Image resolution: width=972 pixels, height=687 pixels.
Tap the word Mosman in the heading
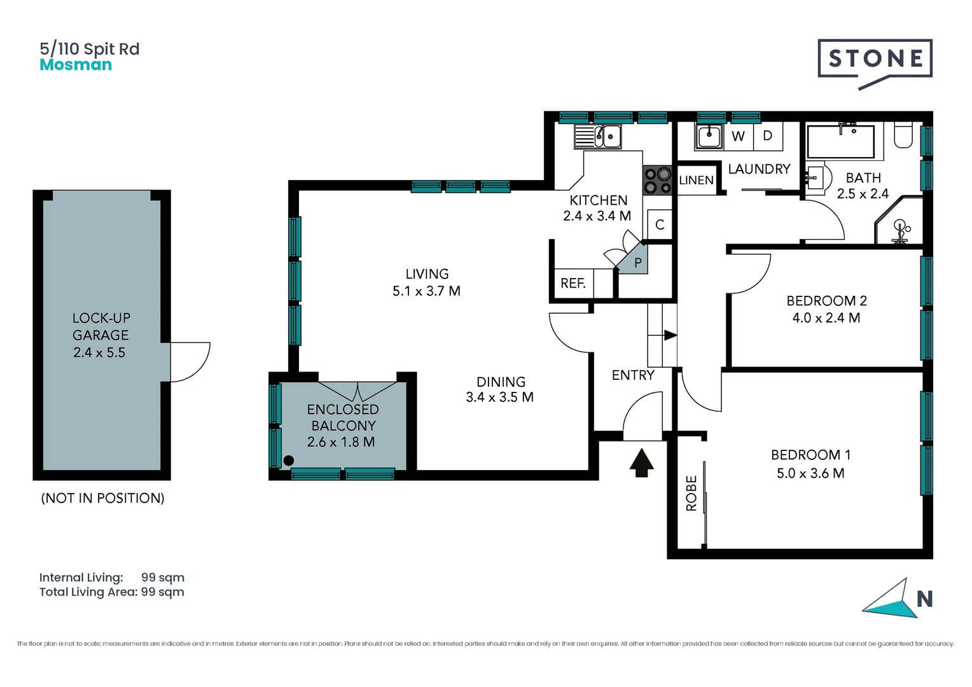pyautogui.click(x=76, y=65)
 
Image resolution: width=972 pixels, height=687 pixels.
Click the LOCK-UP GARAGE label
pyautogui.click(x=101, y=326)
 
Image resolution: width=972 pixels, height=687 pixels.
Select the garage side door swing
pyautogui.click(x=190, y=361)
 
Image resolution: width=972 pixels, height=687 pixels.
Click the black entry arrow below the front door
pyautogui.click(x=641, y=462)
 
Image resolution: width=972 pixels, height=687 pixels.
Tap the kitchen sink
pyautogui.click(x=598, y=136)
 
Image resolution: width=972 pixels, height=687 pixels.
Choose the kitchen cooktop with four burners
pyautogui.click(x=657, y=181)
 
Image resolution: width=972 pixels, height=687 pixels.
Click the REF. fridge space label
pyautogui.click(x=573, y=284)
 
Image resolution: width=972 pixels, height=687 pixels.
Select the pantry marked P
pyautogui.click(x=637, y=263)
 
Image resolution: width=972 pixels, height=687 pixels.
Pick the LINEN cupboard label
pyautogui.click(x=696, y=181)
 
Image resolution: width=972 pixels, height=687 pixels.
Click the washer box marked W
pyautogui.click(x=738, y=136)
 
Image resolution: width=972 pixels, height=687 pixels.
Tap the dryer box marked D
pyautogui.click(x=768, y=136)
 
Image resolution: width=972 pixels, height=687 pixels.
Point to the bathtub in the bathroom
pyautogui.click(x=840, y=141)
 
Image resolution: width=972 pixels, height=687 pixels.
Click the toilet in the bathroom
pyautogui.click(x=903, y=135)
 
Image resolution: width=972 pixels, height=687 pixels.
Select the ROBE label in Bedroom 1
pyautogui.click(x=691, y=493)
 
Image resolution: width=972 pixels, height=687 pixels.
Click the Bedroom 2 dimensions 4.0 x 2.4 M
pyautogui.click(x=826, y=318)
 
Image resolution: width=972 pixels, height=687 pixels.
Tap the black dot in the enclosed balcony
pyautogui.click(x=289, y=461)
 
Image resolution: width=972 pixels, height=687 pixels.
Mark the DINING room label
pyautogui.click(x=501, y=382)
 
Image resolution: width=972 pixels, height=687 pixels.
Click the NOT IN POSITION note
pyautogui.click(x=102, y=498)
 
